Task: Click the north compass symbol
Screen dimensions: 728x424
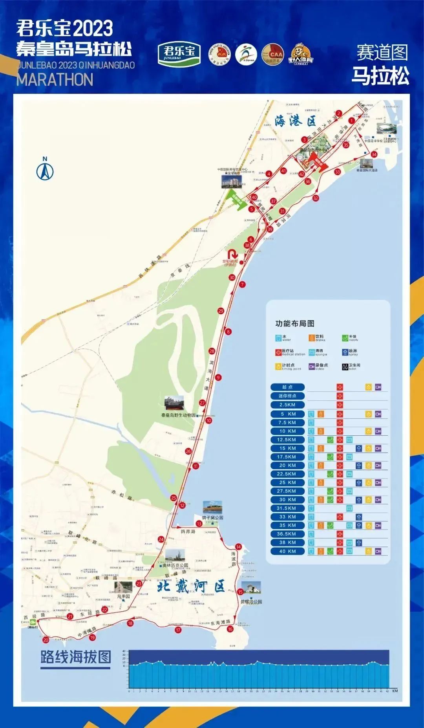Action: [x=45, y=169]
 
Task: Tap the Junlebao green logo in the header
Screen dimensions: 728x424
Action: [x=179, y=53]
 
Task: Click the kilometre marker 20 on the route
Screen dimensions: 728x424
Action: [x=46, y=640]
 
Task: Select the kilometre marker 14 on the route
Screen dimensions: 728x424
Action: [x=238, y=546]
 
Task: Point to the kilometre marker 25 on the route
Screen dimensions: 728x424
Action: [x=174, y=498]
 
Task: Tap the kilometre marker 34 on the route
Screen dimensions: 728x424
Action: [x=374, y=154]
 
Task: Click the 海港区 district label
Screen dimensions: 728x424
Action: [x=295, y=121]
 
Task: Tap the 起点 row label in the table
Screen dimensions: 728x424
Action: [x=287, y=387]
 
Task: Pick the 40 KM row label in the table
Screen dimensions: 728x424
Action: [x=287, y=551]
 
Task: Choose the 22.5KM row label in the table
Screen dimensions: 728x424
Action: [x=287, y=474]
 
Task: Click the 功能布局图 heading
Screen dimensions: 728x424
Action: [x=294, y=323]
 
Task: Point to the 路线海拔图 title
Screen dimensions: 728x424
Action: [x=76, y=656]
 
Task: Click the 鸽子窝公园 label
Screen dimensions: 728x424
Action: [x=212, y=517]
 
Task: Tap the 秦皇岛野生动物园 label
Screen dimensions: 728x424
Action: [x=178, y=415]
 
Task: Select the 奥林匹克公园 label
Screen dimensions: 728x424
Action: [x=175, y=565]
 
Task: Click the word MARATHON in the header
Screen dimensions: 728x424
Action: [x=55, y=80]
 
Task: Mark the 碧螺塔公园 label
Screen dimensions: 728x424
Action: [x=251, y=601]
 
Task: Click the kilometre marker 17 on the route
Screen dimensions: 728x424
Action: [x=178, y=630]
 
